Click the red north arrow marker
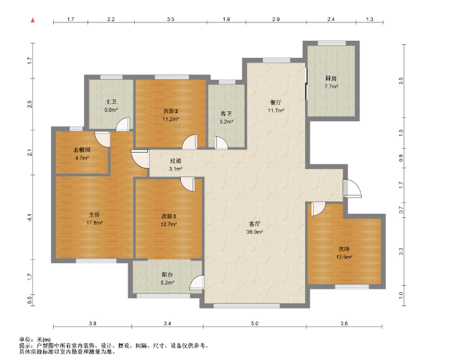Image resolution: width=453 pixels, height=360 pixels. click(x=33, y=20)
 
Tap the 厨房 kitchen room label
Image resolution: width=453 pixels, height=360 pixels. click(x=331, y=78)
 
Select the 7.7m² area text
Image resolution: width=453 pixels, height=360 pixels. click(x=331, y=86)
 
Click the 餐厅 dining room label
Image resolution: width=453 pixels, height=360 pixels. click(x=275, y=102)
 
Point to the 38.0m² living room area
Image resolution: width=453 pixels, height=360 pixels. click(x=254, y=232)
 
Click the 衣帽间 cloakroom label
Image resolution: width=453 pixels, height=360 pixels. click(x=82, y=150)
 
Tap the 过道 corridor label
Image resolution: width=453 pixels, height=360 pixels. click(x=176, y=161)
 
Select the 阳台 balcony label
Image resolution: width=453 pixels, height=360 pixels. click(x=167, y=274)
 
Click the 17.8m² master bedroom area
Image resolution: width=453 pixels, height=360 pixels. click(x=95, y=222)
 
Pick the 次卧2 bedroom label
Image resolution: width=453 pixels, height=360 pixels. click(x=170, y=111)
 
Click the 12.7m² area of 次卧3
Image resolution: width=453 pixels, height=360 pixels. click(x=169, y=224)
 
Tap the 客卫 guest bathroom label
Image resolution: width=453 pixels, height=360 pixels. click(x=226, y=114)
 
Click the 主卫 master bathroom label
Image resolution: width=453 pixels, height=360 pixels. click(x=111, y=102)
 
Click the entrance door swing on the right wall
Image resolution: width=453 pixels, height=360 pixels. click(x=352, y=188)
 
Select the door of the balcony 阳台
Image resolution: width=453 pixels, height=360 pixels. click(x=197, y=282)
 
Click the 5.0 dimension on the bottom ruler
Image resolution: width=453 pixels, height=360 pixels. click(x=254, y=323)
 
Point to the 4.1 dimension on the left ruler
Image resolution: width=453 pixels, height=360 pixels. click(x=29, y=217)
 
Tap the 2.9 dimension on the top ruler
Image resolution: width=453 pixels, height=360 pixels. click(x=275, y=19)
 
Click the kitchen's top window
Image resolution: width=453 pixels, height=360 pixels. click(x=331, y=43)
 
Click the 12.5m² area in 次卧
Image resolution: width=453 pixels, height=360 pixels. click(x=344, y=257)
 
